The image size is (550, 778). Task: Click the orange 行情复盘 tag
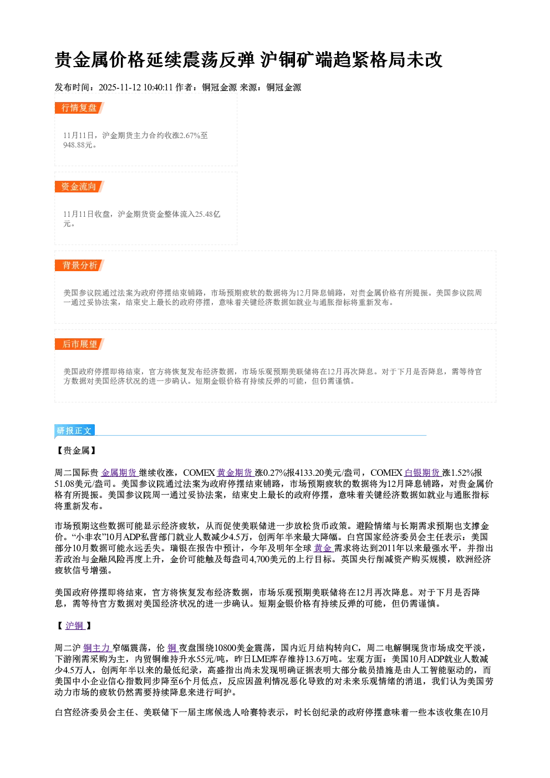tap(79, 108)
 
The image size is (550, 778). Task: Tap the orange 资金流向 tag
tap(79, 186)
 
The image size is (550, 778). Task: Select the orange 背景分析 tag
tap(79, 266)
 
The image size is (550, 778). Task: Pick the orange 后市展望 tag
tap(79, 344)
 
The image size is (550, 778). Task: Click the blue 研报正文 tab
tap(74, 431)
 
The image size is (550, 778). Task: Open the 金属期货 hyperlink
tap(119, 472)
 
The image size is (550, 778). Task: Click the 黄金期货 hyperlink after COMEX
tap(235, 472)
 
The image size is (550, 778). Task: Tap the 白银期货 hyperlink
tap(422, 472)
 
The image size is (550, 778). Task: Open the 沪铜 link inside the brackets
tap(75, 626)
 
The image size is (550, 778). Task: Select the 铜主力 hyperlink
tap(97, 648)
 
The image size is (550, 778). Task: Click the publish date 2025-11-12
tap(120, 88)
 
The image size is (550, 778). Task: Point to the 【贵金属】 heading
tap(76, 450)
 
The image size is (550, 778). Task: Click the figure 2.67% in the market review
tap(189, 135)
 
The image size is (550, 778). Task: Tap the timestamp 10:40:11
tap(158, 88)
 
